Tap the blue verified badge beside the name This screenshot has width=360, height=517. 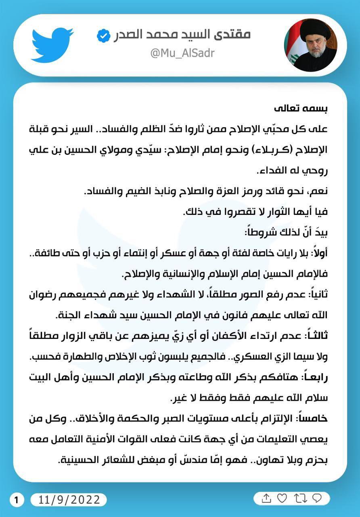point(104,36)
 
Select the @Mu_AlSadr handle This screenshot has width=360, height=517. point(182,53)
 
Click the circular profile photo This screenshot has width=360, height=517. point(310,45)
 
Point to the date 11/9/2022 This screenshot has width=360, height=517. point(69,500)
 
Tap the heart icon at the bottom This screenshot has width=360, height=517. point(282,498)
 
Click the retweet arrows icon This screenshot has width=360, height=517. point(300,498)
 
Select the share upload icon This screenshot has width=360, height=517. point(266,498)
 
